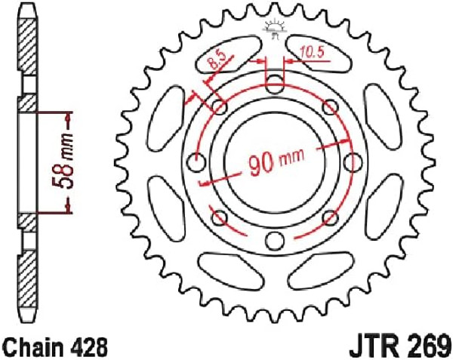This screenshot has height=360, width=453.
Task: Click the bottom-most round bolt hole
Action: pos(274,241)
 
